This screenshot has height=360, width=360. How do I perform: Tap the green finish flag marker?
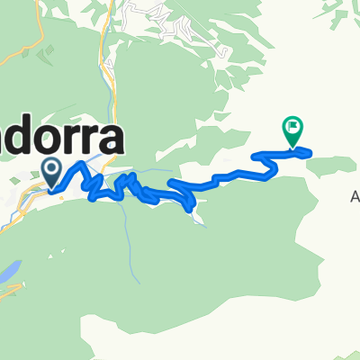tap(293, 130)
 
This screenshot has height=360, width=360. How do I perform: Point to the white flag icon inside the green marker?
tap(293, 128)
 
